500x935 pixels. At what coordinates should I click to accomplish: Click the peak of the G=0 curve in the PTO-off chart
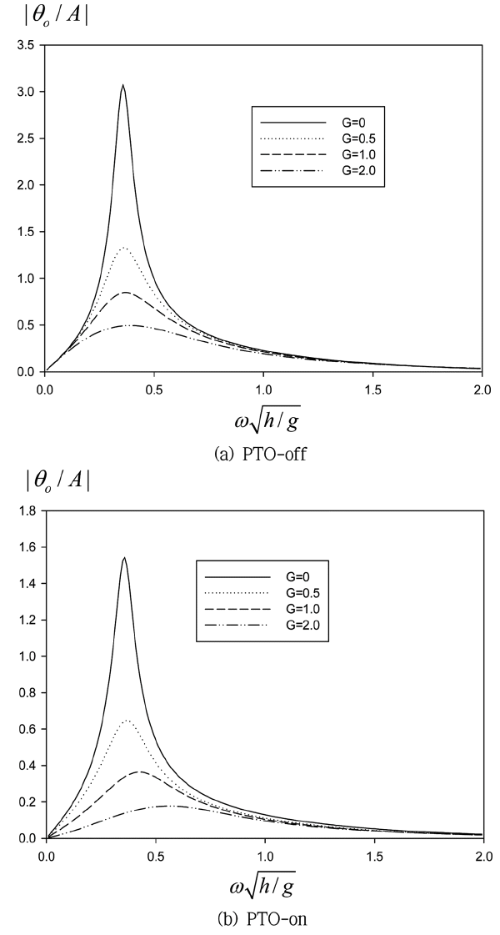(x=122, y=85)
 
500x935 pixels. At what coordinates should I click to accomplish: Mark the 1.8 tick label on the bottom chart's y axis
(x=25, y=511)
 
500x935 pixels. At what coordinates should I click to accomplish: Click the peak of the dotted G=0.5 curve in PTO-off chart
(x=124, y=248)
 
